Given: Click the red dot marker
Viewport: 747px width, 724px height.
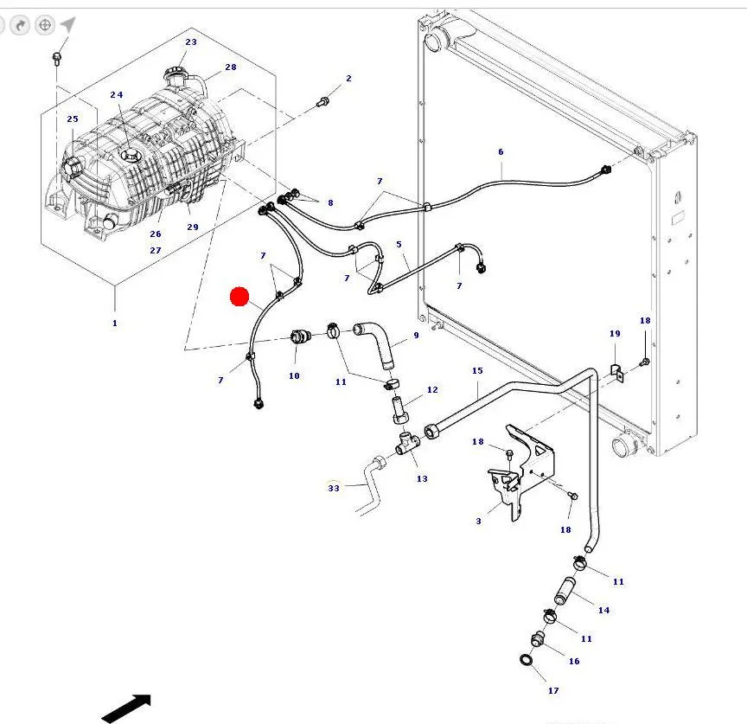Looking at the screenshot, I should click(x=239, y=298).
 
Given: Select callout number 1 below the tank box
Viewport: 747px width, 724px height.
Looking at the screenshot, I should click(x=114, y=324).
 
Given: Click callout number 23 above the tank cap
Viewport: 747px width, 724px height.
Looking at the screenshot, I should click(x=191, y=42).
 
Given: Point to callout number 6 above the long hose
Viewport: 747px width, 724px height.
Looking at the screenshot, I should click(x=501, y=152).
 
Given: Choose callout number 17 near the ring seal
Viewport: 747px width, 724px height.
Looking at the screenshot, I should click(x=553, y=690).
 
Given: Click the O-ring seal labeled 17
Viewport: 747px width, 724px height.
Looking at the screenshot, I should click(x=527, y=662).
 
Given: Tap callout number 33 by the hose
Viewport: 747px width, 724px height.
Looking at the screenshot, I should click(x=335, y=488).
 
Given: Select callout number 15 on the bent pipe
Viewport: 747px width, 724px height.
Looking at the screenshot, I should click(x=477, y=370).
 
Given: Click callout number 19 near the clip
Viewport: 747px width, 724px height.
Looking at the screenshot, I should click(x=615, y=334).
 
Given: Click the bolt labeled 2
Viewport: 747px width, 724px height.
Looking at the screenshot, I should click(x=323, y=102).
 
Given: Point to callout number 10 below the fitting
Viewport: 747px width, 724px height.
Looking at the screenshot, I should click(x=294, y=375).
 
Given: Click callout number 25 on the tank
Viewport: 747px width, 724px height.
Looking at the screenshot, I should click(x=73, y=119).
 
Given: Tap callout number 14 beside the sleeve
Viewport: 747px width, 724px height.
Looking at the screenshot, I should click(x=603, y=611).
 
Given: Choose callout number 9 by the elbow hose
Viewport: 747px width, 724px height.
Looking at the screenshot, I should click(x=416, y=335).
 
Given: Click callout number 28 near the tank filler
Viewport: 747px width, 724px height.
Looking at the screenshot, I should click(x=231, y=67).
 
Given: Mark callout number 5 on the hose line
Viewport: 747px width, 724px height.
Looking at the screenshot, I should click(x=399, y=245).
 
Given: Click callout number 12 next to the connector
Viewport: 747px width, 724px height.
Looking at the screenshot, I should click(x=432, y=390).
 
